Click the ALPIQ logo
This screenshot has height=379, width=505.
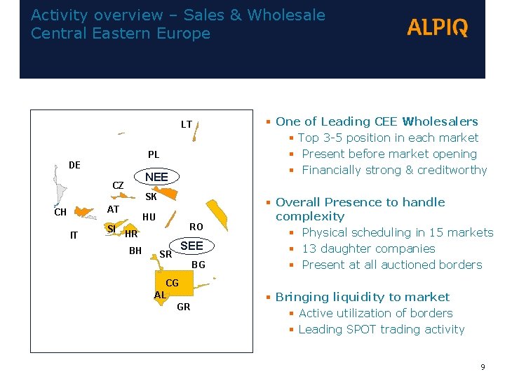pyautogui.click(x=437, y=27)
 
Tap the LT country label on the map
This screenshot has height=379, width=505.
pyautogui.click(x=187, y=124)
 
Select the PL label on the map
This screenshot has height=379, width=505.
pyautogui.click(x=154, y=154)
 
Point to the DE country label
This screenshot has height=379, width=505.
pyautogui.click(x=74, y=165)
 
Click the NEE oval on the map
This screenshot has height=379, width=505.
pyautogui.click(x=156, y=177)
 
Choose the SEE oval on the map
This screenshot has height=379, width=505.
pyautogui.click(x=191, y=246)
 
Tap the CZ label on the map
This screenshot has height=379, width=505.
pyautogui.click(x=119, y=185)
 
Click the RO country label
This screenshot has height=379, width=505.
pyautogui.click(x=196, y=226)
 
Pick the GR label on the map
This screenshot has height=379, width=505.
pyautogui.click(x=184, y=307)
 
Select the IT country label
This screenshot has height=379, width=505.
pyautogui.click(x=74, y=235)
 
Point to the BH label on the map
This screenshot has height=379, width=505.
pyautogui.click(x=136, y=250)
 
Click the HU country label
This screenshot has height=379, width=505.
pyautogui.click(x=149, y=217)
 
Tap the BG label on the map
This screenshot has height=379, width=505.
pyautogui.click(x=198, y=265)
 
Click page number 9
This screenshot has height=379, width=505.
pyautogui.click(x=483, y=366)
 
